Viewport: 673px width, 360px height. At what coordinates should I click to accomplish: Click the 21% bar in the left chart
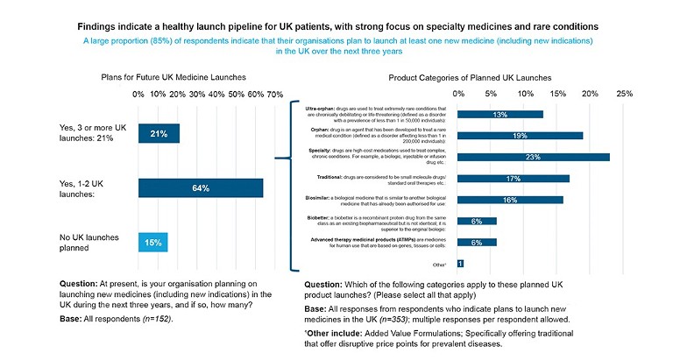159,134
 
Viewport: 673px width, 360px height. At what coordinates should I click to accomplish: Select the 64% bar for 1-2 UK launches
201,188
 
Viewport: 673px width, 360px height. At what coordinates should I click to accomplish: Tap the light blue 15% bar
152,243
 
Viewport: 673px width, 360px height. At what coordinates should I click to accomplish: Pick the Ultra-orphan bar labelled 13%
500,114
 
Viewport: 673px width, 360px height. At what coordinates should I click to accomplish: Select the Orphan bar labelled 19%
521,136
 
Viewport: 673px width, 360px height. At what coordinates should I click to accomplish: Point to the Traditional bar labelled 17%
514,179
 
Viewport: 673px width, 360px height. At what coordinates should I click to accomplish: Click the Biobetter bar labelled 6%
477,222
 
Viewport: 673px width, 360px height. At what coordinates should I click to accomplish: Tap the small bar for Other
460,263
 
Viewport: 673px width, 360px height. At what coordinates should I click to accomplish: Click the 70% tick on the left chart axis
274,94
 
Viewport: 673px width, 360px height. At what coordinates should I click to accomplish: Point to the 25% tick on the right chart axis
624,93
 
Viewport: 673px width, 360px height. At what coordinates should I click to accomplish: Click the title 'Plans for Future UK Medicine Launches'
178,77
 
